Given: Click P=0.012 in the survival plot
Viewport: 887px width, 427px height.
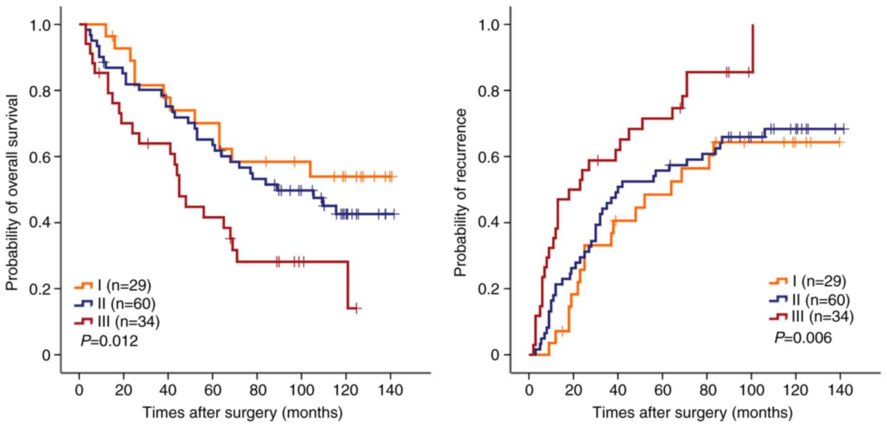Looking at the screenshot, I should point(109,341).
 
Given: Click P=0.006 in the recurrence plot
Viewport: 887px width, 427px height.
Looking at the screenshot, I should point(803,338).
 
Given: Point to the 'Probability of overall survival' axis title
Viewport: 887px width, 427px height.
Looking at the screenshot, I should point(13,193).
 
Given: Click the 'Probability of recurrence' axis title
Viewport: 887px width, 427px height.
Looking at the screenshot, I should point(460,193).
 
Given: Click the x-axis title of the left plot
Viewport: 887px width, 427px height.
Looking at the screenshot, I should point(242,412).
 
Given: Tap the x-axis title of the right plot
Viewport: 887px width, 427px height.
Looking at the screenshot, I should point(692,412).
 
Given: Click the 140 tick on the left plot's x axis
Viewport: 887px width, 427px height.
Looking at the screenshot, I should point(390,390).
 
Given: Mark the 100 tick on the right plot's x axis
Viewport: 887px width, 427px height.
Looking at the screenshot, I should point(752,390).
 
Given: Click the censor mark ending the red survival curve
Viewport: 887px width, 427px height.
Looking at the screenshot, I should point(356,308).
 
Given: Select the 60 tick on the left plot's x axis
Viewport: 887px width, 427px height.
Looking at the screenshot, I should point(212,390).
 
